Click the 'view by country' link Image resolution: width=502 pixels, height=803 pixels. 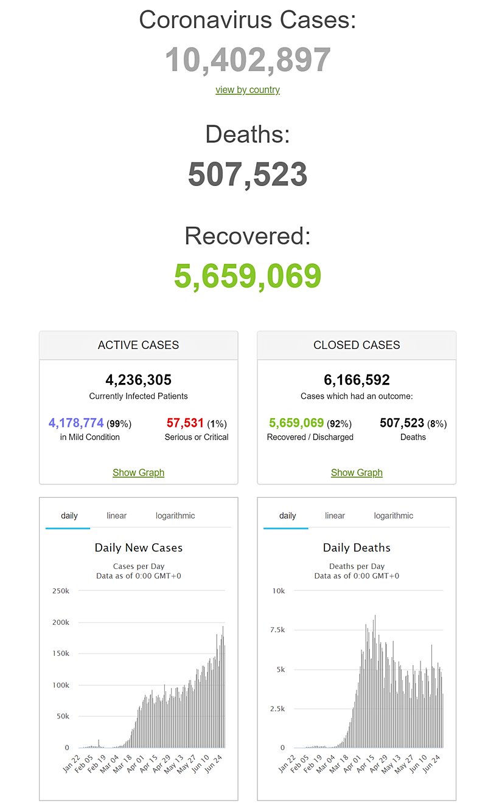247,90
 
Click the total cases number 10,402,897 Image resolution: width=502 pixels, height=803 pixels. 248,60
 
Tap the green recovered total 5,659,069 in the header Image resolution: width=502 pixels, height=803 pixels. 248,276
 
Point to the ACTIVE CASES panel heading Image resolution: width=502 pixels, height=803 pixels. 138,345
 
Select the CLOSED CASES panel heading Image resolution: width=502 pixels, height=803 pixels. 357,345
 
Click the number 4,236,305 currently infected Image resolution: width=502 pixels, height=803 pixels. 138,381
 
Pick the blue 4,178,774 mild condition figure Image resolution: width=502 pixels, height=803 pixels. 76,422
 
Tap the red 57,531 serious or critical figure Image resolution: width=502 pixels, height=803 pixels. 185,422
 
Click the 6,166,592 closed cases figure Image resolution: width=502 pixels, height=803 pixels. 357,381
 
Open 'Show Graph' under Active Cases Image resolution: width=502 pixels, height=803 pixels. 138,473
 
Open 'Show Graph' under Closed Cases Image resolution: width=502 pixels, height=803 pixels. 357,473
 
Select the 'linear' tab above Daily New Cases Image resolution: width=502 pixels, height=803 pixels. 116,515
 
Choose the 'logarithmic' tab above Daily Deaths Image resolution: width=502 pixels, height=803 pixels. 393,515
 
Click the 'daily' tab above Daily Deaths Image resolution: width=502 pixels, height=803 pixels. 287,515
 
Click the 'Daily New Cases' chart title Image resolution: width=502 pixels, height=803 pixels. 138,548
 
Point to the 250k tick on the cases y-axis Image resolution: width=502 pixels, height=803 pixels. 61,591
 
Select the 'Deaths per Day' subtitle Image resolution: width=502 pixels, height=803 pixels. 357,567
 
